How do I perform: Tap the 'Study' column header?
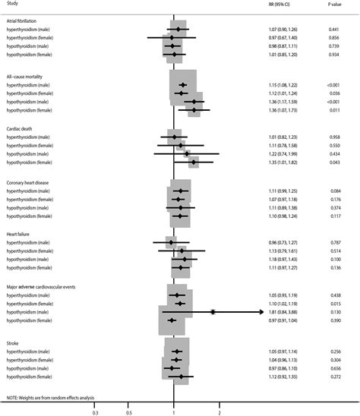coord(13,5)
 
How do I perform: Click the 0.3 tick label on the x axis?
coord(95,413)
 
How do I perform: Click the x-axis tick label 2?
coord(219,413)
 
